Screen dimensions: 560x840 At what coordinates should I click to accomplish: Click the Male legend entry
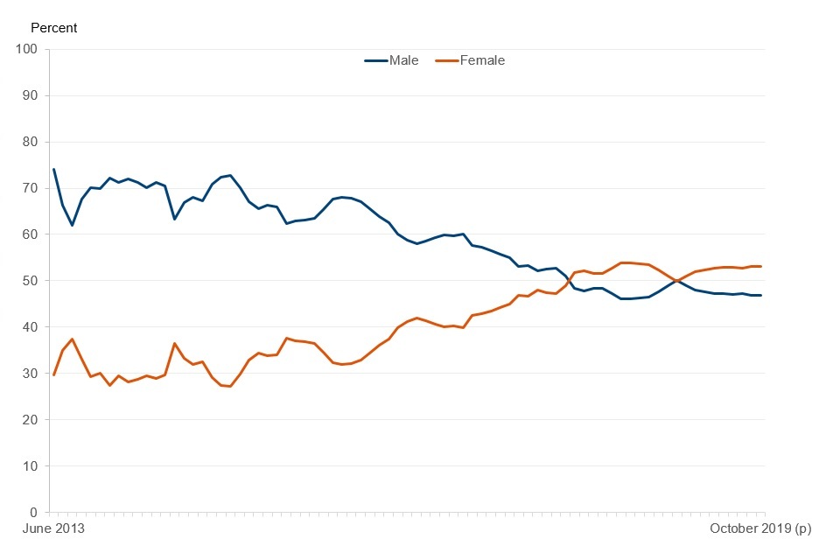(x=391, y=60)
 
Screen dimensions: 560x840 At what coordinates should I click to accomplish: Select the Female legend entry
(x=468, y=60)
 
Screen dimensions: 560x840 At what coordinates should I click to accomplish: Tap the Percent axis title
(x=54, y=28)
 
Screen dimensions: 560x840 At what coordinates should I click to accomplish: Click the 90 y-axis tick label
(x=29, y=95)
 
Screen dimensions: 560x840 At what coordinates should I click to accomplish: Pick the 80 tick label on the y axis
(x=29, y=142)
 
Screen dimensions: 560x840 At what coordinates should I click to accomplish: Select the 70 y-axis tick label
(x=29, y=188)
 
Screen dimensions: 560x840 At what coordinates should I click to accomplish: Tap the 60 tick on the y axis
(x=29, y=234)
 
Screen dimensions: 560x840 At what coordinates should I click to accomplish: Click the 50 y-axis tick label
(x=29, y=281)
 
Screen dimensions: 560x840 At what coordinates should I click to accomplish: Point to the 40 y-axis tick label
(x=29, y=327)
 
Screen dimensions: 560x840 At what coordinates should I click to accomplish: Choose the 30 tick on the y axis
(x=29, y=374)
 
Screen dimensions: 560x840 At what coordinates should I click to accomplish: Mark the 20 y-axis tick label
(x=29, y=420)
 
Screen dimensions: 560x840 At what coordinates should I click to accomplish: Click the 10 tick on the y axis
(x=29, y=466)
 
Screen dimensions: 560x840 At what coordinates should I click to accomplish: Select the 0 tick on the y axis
(x=32, y=513)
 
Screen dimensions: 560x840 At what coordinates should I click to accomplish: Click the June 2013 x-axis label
(x=54, y=529)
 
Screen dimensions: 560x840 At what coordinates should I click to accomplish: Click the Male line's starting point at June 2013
(x=53, y=169)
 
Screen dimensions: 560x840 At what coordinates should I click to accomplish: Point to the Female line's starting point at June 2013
(x=53, y=374)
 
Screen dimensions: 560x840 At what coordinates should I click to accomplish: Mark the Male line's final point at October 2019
(x=760, y=295)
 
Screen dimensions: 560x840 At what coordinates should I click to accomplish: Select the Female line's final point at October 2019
(x=760, y=266)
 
